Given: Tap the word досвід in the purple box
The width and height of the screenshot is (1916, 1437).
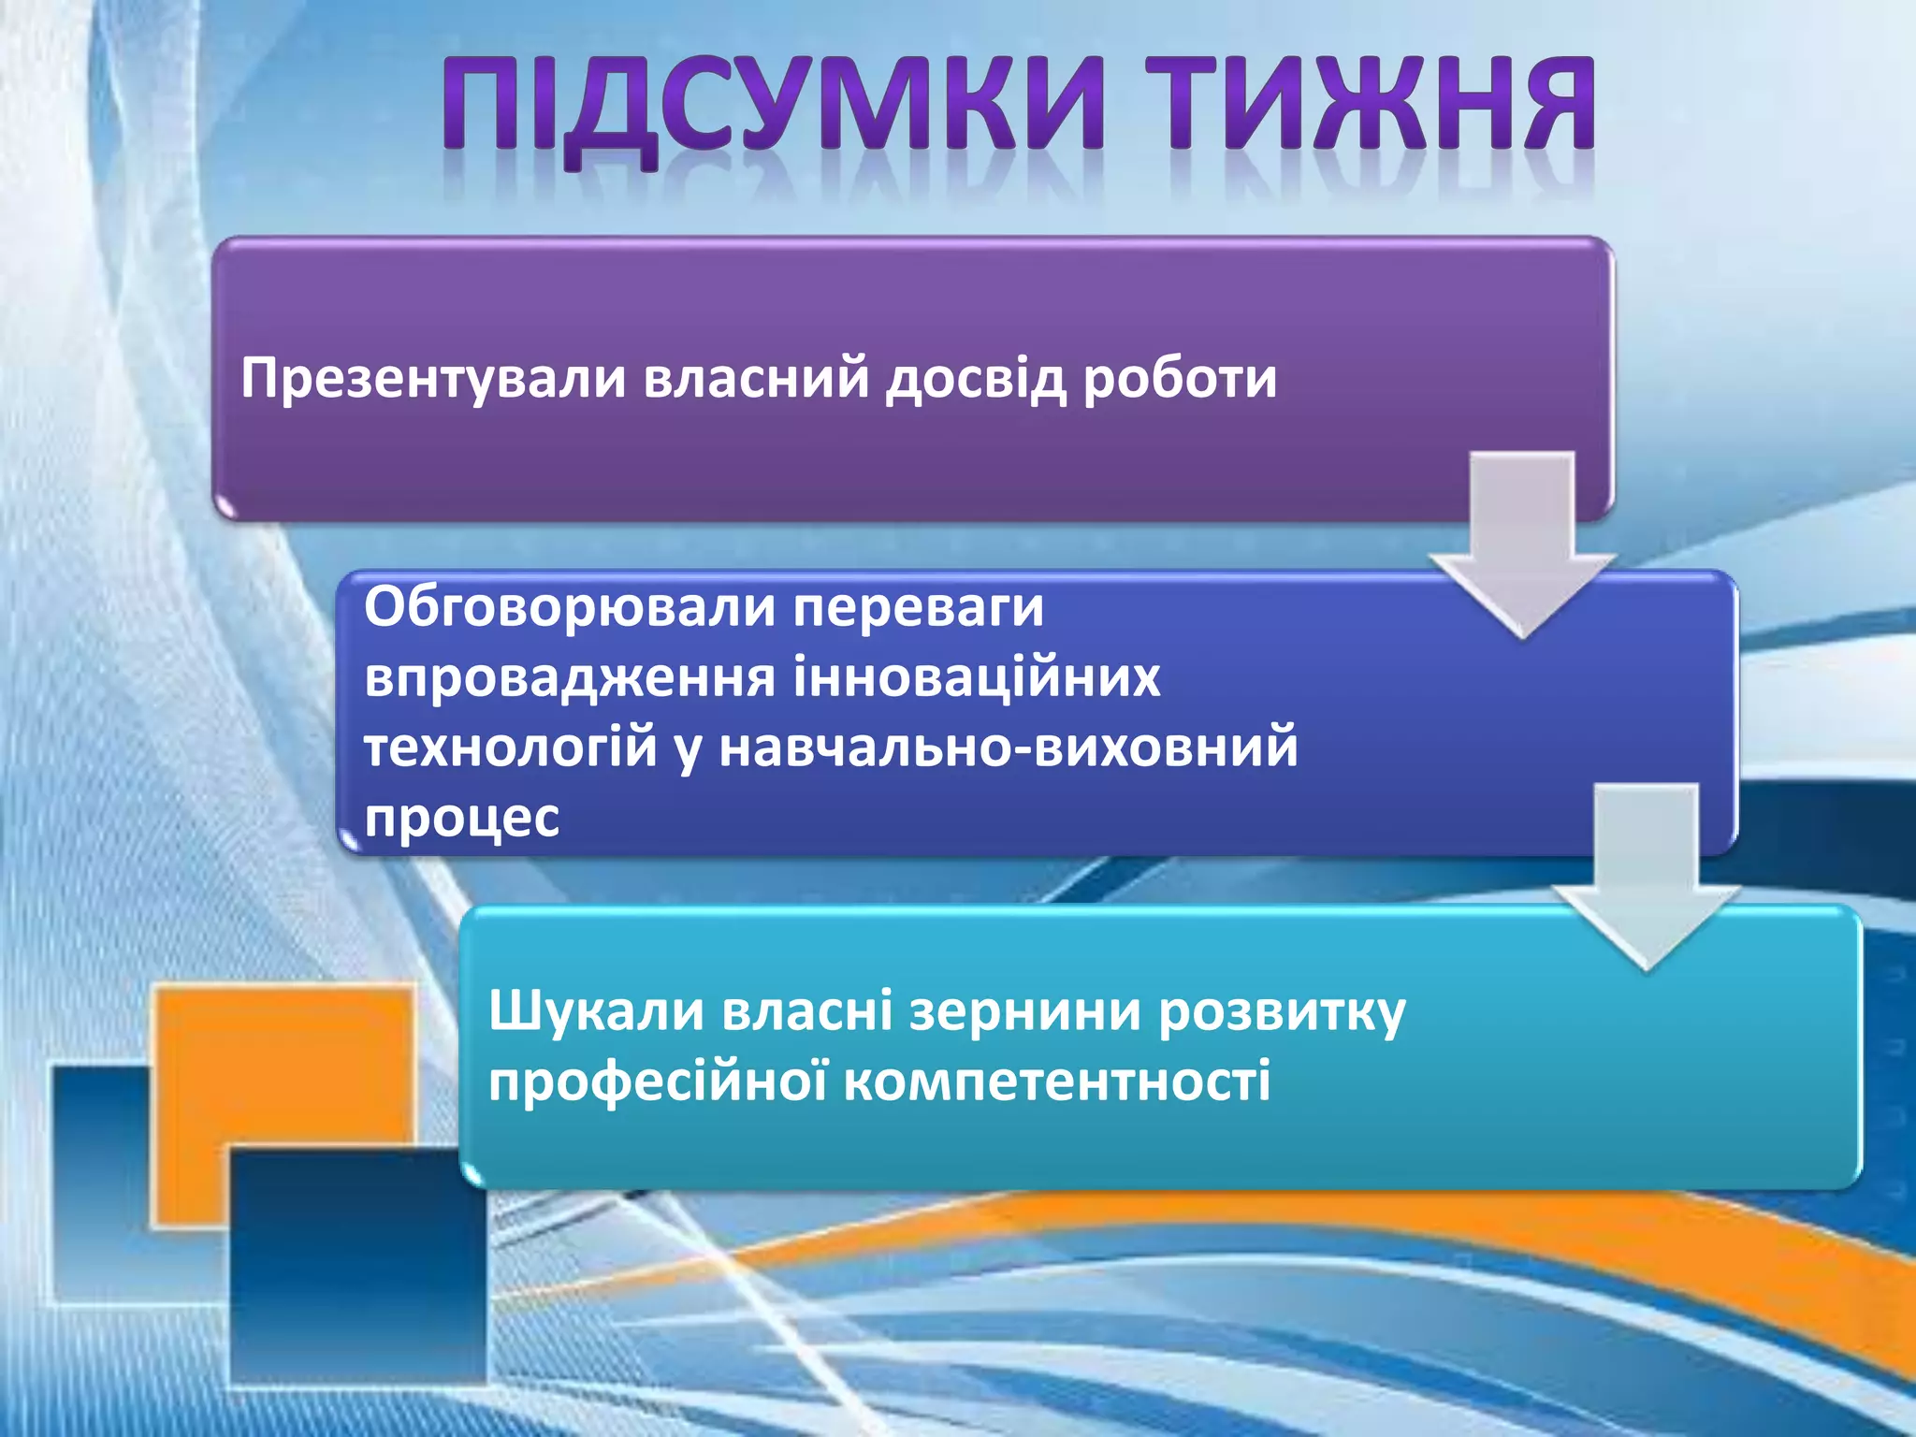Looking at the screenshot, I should click(977, 380).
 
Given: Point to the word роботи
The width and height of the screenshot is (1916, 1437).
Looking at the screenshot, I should click(1180, 380).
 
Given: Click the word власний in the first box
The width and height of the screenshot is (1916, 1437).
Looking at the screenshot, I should click(757, 380).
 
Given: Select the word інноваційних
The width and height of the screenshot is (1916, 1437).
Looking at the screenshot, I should click(977, 677).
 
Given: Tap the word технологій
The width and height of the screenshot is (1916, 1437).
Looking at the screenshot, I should click(511, 748).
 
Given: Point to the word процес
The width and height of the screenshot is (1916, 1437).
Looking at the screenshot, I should click(461, 818).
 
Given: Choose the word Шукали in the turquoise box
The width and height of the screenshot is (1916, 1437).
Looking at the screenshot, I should click(596, 1012).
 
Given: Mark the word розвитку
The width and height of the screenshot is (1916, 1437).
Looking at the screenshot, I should click(1282, 1014).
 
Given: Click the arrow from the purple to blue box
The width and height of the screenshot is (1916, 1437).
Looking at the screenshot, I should click(1522, 543).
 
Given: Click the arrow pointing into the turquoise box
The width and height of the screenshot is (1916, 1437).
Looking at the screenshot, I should click(1646, 875).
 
